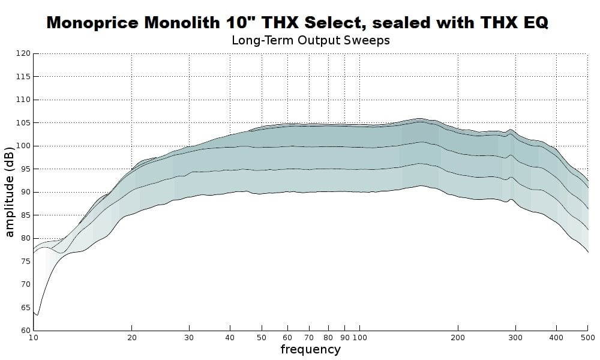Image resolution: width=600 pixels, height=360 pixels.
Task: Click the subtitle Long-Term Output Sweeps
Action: tap(310, 41)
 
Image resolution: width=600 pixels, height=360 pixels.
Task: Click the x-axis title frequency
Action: tap(310, 349)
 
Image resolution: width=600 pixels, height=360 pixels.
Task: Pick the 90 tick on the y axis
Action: tap(25, 193)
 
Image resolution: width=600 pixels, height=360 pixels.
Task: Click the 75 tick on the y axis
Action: tap(25, 262)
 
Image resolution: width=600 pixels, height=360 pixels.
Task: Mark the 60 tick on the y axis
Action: tap(25, 331)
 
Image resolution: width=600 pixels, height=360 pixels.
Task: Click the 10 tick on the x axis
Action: tap(34, 338)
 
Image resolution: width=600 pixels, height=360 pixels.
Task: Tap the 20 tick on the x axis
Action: tap(132, 338)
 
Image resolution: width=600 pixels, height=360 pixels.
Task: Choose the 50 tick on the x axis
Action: tap(262, 338)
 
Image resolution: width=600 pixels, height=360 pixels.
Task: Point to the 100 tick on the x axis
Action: tap(359, 338)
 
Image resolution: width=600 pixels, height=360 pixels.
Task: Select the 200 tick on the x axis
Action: tap(458, 338)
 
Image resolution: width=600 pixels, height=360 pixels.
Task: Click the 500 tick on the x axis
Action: tap(587, 338)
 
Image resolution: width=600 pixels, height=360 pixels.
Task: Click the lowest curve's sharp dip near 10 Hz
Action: tap(37, 314)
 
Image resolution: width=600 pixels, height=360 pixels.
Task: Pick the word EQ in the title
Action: tap(535, 23)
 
